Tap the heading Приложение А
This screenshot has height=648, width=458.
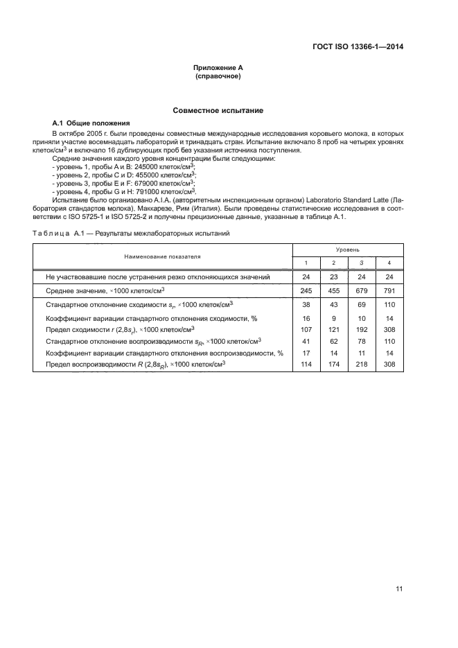pyautogui.click(x=218, y=67)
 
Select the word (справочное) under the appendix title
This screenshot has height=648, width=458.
pyautogui.click(x=218, y=76)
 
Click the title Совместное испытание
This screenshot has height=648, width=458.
pyautogui.click(x=218, y=111)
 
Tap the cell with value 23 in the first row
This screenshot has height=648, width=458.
pyautogui.click(x=333, y=277)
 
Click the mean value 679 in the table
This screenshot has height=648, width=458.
pyautogui.click(x=362, y=291)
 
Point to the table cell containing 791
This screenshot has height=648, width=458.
pyautogui.click(x=390, y=291)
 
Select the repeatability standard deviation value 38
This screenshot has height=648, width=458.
pyautogui.click(x=306, y=305)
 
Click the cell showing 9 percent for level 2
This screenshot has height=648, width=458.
pyautogui.click(x=333, y=317)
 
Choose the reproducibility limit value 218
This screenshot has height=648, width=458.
pyautogui.click(x=362, y=365)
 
